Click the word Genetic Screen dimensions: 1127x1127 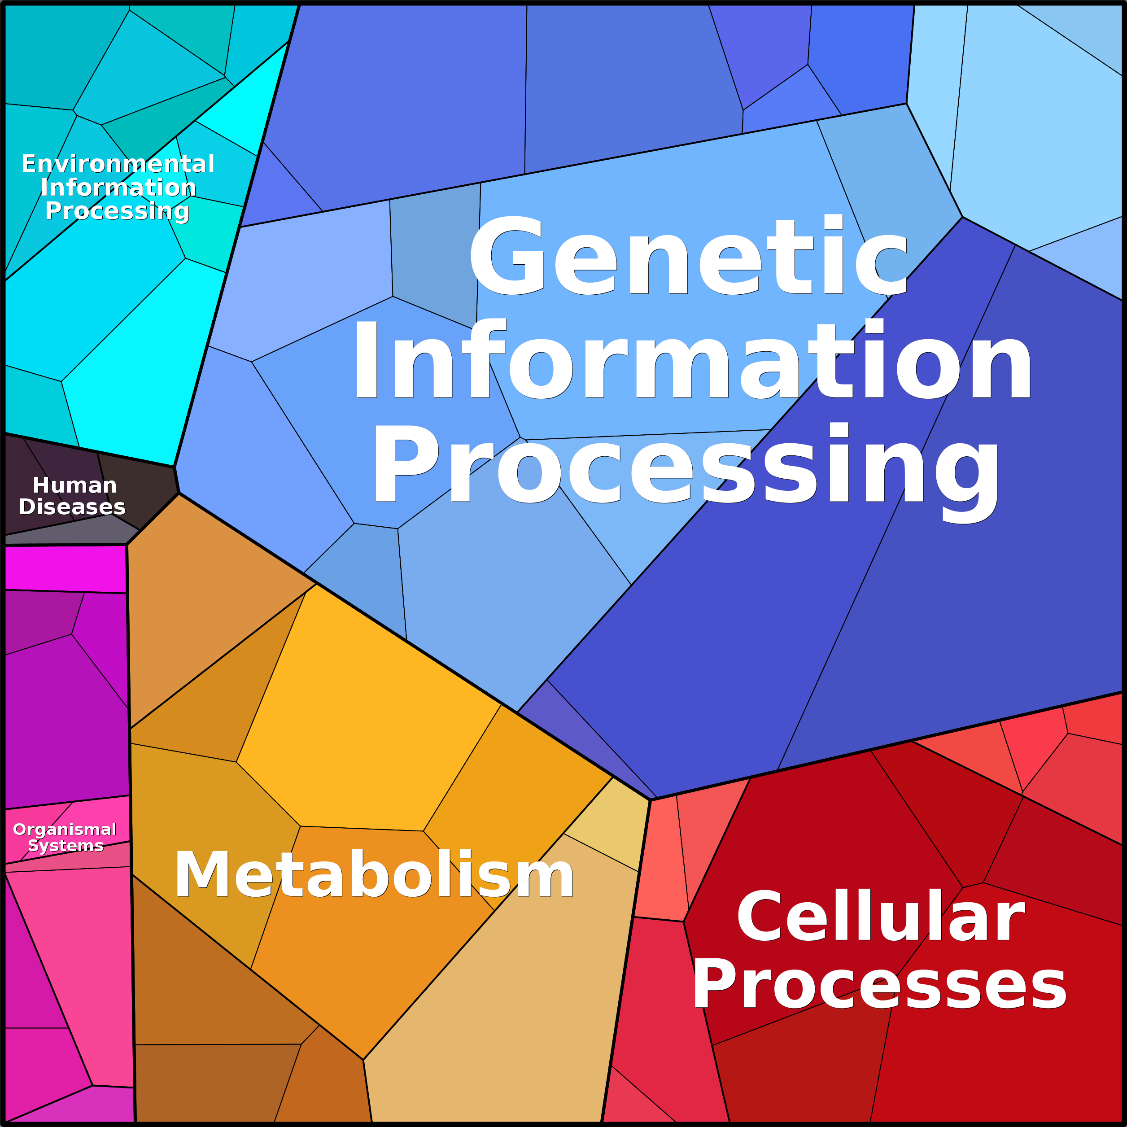[688, 255]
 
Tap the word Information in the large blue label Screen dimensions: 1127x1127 [692, 359]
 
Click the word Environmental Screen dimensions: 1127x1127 [118, 164]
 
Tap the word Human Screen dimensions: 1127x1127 [74, 485]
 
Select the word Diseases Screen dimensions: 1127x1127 [72, 507]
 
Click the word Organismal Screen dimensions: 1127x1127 [65, 830]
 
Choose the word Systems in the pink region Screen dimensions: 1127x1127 [66, 845]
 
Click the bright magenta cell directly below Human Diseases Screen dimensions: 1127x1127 [66, 569]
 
